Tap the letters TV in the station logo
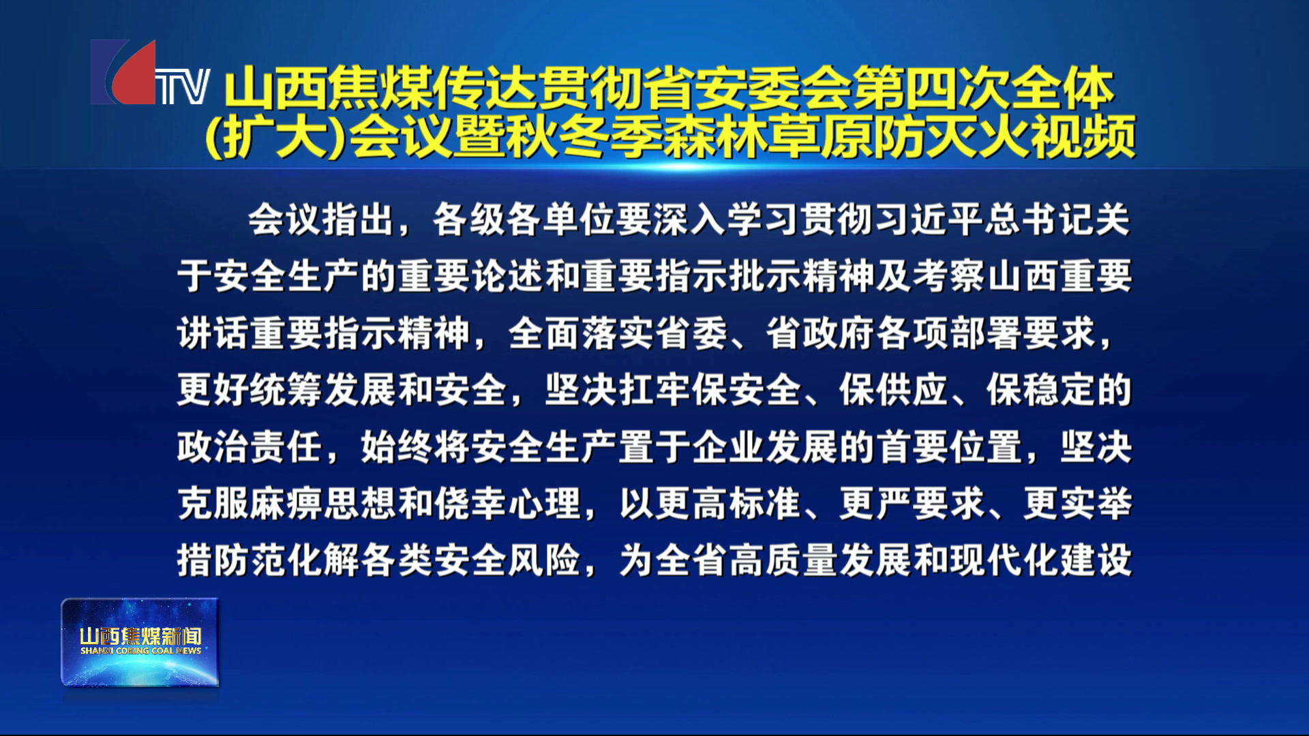coord(183,87)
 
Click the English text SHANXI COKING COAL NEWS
coord(140,651)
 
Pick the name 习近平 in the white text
coord(929,220)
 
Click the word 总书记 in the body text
coord(1040,220)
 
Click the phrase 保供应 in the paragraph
coord(893,390)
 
